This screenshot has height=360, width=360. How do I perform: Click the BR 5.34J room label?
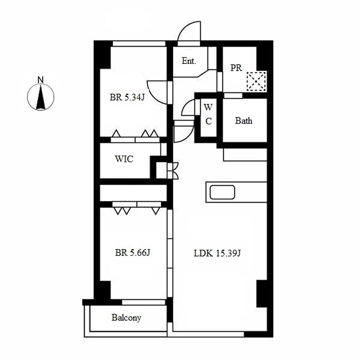[x=127, y=97]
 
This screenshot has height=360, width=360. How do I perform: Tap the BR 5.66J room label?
[x=133, y=252]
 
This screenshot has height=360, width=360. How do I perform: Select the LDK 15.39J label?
[x=217, y=253]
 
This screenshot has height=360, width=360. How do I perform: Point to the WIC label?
[x=124, y=159]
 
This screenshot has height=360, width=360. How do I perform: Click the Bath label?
[x=244, y=121]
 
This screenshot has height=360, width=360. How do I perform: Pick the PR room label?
[x=236, y=68]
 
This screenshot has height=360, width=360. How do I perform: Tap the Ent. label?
[x=189, y=61]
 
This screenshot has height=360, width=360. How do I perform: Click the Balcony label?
[x=126, y=318]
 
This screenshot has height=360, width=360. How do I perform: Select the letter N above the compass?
[x=41, y=80]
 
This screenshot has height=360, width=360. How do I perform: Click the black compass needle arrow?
[x=41, y=97]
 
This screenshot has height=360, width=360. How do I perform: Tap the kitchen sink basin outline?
[x=222, y=192]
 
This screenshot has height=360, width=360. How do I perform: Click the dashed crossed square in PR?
[x=256, y=81]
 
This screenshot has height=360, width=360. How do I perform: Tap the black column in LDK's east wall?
[x=262, y=294]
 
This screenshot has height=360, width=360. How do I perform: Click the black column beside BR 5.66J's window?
[x=105, y=290]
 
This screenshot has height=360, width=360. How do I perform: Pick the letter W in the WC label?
[x=208, y=107]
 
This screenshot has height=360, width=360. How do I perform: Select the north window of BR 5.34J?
[x=139, y=44]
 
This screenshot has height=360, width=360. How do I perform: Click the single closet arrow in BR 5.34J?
[x=116, y=133]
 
